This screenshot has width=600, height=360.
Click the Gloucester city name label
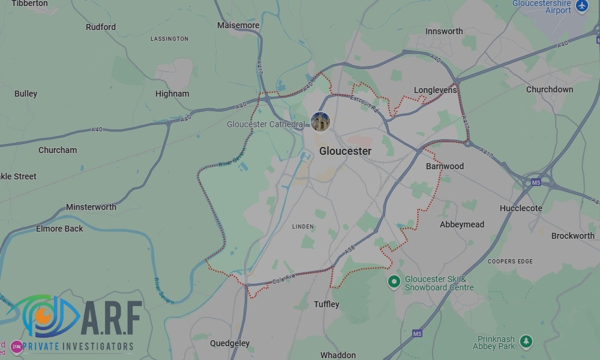coord(345,151)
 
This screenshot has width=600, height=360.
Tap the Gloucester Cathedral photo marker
coord(320,122)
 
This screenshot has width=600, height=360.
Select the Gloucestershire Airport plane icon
coord(581,6)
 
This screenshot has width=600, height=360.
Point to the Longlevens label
coord(435,90)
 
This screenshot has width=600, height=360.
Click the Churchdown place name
coord(549,89)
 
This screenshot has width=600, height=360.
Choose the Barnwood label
coord(445,166)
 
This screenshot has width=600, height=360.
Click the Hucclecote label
coord(521,208)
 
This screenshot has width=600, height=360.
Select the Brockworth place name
coord(572,236)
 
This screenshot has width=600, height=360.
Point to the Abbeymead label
coord(462,224)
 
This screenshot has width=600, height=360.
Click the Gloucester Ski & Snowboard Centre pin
coord(394,281)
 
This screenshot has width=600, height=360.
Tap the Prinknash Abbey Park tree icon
coord(526,341)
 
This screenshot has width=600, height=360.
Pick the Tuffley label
coord(326,304)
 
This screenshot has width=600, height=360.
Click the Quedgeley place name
coord(230,343)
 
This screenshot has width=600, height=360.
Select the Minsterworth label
coord(91,207)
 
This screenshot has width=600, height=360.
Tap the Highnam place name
coord(172,94)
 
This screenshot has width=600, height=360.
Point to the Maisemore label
coord(238,26)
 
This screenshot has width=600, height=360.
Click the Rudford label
coord(101,27)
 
